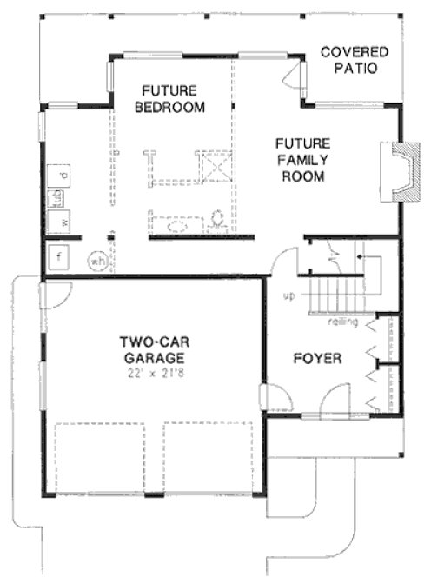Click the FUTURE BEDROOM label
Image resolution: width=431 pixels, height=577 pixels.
(x=173, y=99)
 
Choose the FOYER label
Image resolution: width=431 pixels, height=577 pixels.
(x=316, y=358)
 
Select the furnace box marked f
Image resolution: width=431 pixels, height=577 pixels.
(x=59, y=257)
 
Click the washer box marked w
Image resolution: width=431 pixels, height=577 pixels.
(x=63, y=222)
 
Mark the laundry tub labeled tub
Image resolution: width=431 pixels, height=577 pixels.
(x=58, y=197)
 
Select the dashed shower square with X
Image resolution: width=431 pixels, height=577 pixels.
(x=214, y=164)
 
